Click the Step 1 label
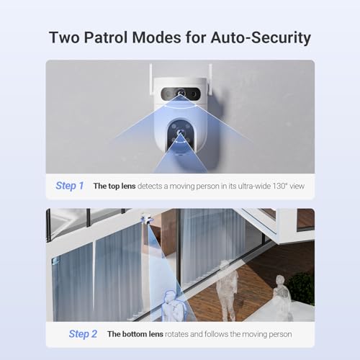[x=70, y=186]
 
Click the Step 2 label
[x=83, y=333]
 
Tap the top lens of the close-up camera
[x=180, y=94]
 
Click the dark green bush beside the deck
[x=302, y=287]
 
